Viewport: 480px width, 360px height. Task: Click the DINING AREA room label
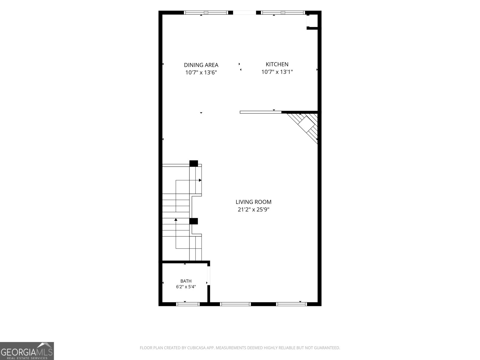pyautogui.click(x=201, y=65)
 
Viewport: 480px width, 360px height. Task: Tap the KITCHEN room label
pyautogui.click(x=277, y=64)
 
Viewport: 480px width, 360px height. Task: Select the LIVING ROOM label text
pyautogui.click(x=253, y=202)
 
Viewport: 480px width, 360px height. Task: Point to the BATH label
pyautogui.click(x=186, y=281)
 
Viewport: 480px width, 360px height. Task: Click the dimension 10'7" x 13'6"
pyautogui.click(x=201, y=72)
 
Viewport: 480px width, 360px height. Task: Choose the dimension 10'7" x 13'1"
pyautogui.click(x=277, y=72)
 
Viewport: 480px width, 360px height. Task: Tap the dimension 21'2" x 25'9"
pyautogui.click(x=253, y=209)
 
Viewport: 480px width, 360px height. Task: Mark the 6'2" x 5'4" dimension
pyautogui.click(x=186, y=286)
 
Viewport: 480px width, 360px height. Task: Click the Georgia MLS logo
pyautogui.click(x=27, y=351)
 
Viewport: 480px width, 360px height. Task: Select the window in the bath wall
pyautogui.click(x=188, y=304)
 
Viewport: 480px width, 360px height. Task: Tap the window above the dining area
pyautogui.click(x=206, y=13)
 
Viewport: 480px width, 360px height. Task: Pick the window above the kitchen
pyautogui.click(x=283, y=13)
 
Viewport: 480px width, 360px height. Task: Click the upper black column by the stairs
pyautogui.click(x=193, y=163)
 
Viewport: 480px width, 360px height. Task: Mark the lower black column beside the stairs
pyautogui.click(x=193, y=221)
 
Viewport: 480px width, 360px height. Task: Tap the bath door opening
pyautogui.click(x=208, y=276)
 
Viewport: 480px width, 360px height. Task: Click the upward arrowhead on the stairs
pyautogui.click(x=176, y=219)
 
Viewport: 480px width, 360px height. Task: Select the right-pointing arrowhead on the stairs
pyautogui.click(x=200, y=180)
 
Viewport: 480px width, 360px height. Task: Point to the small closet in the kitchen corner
pyautogui.click(x=312, y=21)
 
